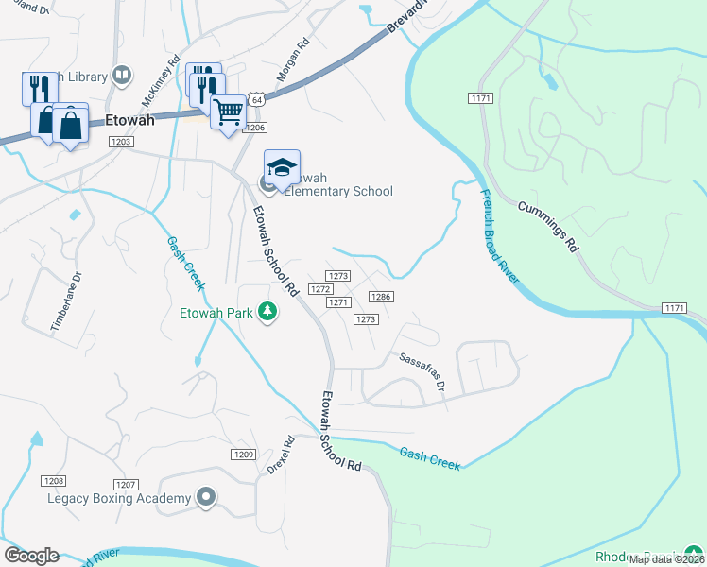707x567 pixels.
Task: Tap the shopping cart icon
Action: [x=228, y=112]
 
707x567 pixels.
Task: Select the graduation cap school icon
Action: [x=281, y=166]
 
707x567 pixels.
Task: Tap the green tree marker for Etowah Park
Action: [x=268, y=311]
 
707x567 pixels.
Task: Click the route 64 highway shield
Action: [x=257, y=98]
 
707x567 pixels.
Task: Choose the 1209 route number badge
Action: [x=243, y=455]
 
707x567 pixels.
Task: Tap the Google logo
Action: [x=31, y=556]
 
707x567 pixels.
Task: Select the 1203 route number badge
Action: [x=120, y=142]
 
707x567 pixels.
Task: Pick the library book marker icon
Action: [x=122, y=74]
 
